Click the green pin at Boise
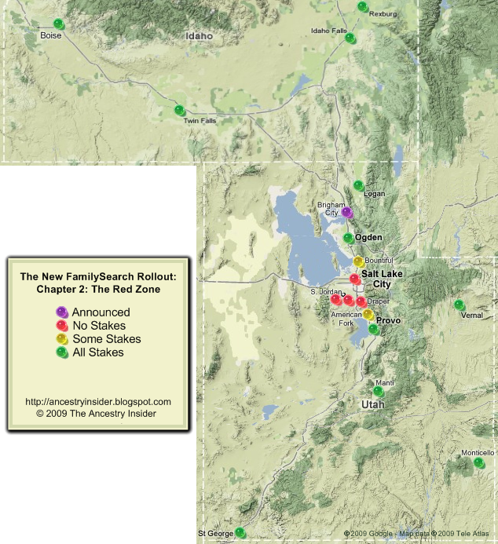coord(58,24)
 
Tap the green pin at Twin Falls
coord(179,110)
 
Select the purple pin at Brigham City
coord(346,212)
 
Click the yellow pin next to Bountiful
coord(358,261)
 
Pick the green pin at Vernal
coord(459,305)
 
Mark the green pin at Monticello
coord(478,462)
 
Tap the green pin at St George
coord(240,532)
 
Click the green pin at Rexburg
coord(362,6)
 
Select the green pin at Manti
coord(378,391)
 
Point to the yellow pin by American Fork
coord(368,314)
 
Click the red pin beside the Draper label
coord(361,301)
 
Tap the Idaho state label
coord(200,36)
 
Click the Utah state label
coord(373,403)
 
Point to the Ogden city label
coord(368,237)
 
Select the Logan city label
coord(375,194)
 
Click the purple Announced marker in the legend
coord(62,312)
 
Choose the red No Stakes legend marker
coord(62,325)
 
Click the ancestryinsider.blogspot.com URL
coord(98,401)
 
